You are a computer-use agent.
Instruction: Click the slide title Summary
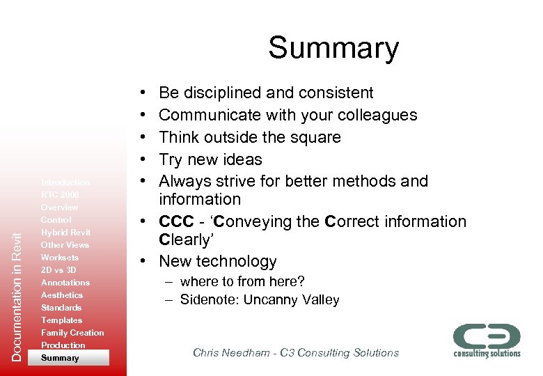click(x=333, y=49)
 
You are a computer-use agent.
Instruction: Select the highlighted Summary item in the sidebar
click(x=61, y=358)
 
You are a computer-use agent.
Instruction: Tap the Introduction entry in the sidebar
click(x=65, y=182)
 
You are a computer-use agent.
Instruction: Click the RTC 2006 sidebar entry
click(x=60, y=195)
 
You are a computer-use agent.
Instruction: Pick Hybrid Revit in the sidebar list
click(x=65, y=233)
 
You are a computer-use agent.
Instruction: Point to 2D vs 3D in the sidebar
click(x=58, y=270)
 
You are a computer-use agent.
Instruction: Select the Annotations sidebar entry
click(x=65, y=283)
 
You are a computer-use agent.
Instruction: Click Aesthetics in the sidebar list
click(x=62, y=295)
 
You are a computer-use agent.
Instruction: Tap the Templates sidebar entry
click(x=61, y=320)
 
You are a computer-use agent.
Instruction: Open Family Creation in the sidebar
click(x=72, y=333)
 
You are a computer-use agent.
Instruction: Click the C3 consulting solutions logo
click(x=487, y=339)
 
